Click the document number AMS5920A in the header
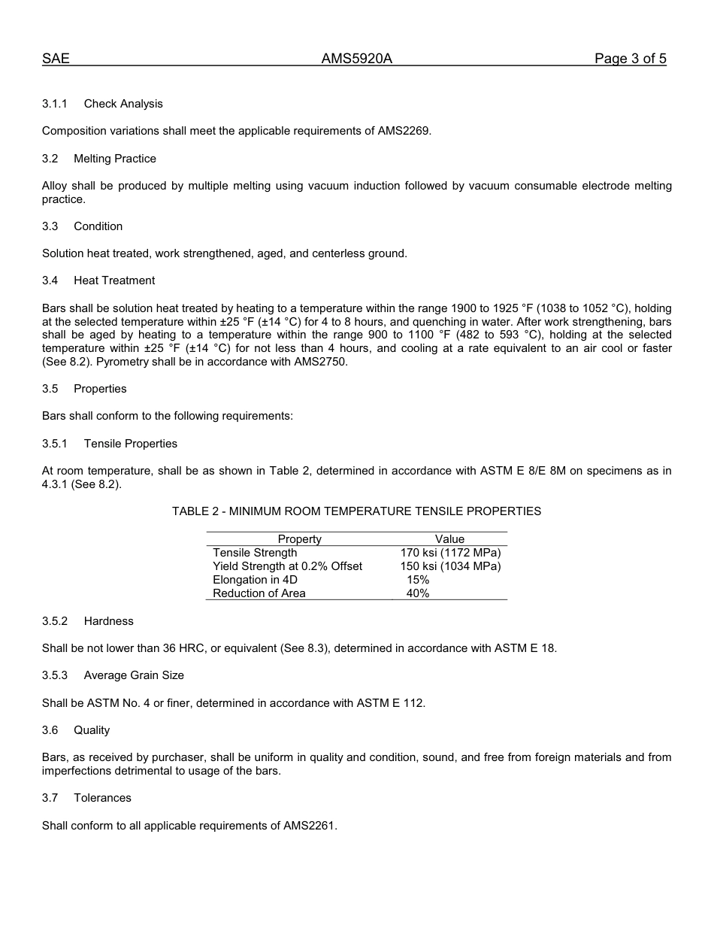click(357, 59)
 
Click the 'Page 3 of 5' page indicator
click(630, 59)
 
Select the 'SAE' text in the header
click(56, 59)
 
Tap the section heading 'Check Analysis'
click(123, 104)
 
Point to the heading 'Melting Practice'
click(115, 159)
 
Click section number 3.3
click(50, 226)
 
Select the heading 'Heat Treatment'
click(114, 281)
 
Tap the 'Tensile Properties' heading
click(131, 444)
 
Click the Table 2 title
click(356, 511)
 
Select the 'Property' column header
click(299, 539)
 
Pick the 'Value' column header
click(449, 539)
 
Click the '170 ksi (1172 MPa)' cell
click(450, 553)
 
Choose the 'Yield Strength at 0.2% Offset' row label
click(287, 566)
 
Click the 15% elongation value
click(418, 580)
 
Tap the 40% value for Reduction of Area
click(418, 593)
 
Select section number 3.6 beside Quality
click(50, 730)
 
